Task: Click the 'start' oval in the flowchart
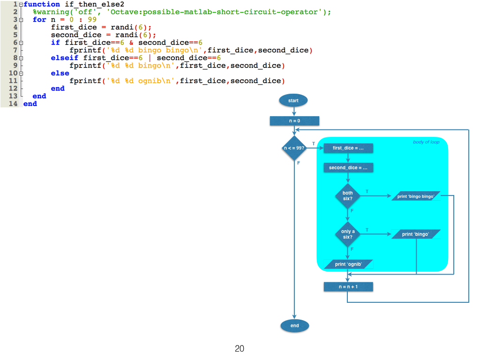293,100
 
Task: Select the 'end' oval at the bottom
294,326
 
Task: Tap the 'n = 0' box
294,121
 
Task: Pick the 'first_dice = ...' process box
348,148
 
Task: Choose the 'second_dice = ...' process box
348,168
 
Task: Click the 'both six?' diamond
348,195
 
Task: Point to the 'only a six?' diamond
348,234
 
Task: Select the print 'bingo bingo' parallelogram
416,196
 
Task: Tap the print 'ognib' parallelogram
348,264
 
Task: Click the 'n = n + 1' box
348,286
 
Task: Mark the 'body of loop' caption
426,142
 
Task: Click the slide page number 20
240,349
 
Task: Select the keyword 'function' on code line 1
42,4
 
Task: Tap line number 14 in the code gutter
13,104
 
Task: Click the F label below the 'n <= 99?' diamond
298,163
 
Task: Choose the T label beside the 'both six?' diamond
367,191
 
